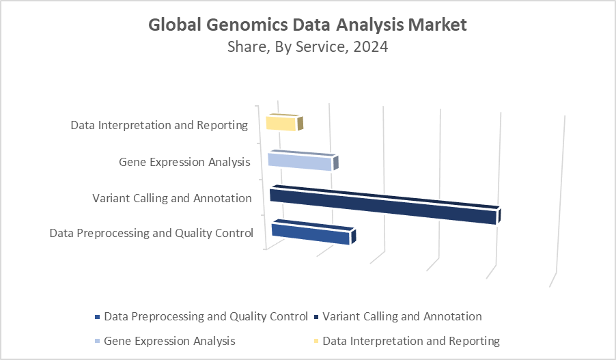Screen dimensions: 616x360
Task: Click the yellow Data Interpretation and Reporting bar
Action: click(x=284, y=123)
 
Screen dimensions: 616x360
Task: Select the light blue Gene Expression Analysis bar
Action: click(x=303, y=161)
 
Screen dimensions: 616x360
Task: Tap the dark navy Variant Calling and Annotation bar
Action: click(x=385, y=205)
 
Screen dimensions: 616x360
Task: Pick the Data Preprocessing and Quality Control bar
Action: click(x=313, y=232)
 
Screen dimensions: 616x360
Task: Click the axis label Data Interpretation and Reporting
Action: click(x=159, y=125)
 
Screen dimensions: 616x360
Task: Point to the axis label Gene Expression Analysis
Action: click(x=184, y=162)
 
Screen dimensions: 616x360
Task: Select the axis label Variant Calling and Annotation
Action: click(x=172, y=198)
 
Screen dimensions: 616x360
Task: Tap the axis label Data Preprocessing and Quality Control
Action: click(x=151, y=233)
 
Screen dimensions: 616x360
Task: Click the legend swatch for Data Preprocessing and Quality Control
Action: click(x=98, y=317)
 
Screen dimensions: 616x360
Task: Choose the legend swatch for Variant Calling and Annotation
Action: click(x=316, y=317)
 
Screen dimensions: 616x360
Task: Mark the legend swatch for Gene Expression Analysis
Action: click(x=98, y=341)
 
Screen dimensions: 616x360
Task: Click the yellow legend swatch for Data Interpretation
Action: click(x=316, y=341)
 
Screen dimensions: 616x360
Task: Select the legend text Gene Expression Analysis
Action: click(x=169, y=341)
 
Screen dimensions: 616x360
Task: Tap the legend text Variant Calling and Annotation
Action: click(x=402, y=316)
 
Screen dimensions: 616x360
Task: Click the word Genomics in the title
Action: click(x=247, y=25)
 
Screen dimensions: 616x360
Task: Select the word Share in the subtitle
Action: click(x=249, y=47)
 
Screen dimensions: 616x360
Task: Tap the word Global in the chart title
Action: click(x=175, y=25)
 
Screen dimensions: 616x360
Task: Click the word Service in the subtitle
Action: click(x=322, y=47)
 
